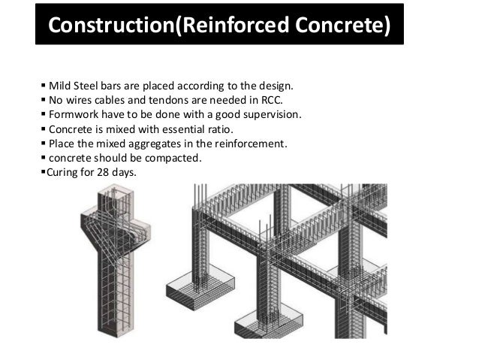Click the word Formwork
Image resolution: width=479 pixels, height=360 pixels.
coord(74,114)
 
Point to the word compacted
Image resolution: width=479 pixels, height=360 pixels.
coord(174,159)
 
